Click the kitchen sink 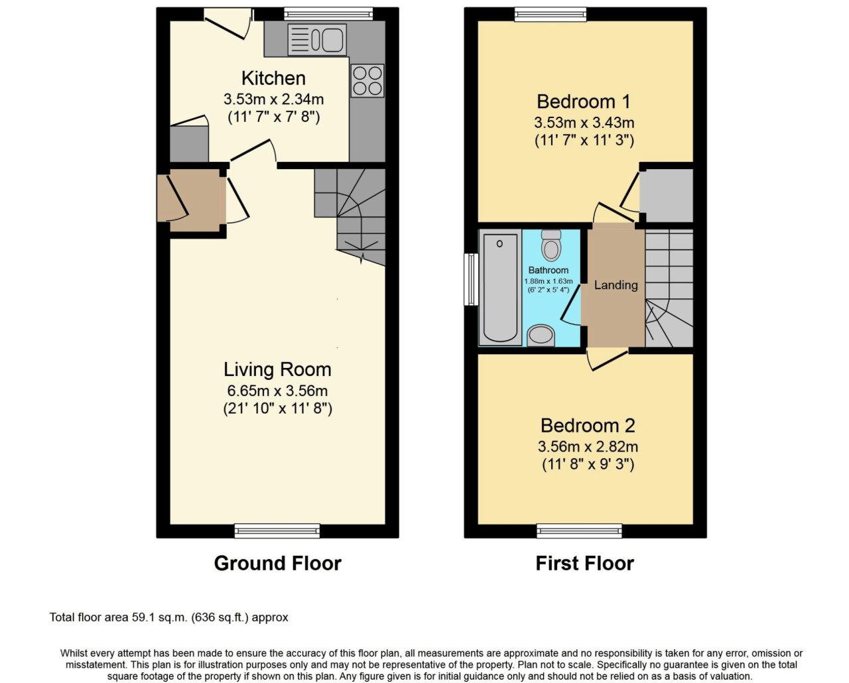pyautogui.click(x=318, y=39)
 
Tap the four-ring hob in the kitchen pyautogui.click(x=367, y=81)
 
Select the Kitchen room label pyautogui.click(x=273, y=78)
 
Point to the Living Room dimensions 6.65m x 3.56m pyautogui.click(x=277, y=391)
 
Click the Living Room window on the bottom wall pyautogui.click(x=277, y=530)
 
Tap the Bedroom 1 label pyautogui.click(x=584, y=101)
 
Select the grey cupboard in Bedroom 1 pyautogui.click(x=667, y=196)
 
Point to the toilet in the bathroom pyautogui.click(x=551, y=245)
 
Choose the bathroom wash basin pyautogui.click(x=541, y=335)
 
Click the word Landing pyautogui.click(x=616, y=285)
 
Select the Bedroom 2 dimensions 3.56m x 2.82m pyautogui.click(x=588, y=446)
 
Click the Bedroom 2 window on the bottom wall pyautogui.click(x=579, y=530)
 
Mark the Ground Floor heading pyautogui.click(x=277, y=563)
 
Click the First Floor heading pyautogui.click(x=584, y=563)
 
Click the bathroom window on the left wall pyautogui.click(x=471, y=279)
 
